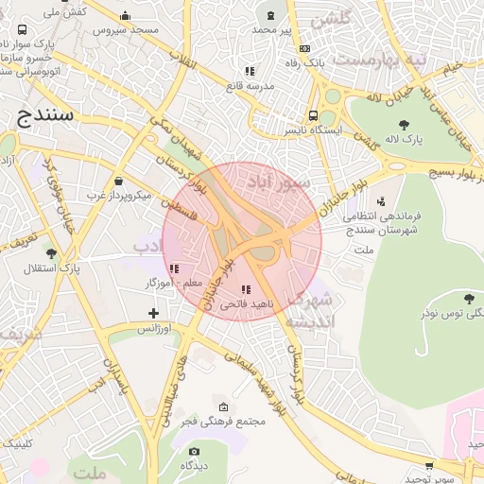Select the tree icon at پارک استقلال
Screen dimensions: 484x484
coord(50,253)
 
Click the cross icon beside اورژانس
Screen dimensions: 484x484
coord(154,313)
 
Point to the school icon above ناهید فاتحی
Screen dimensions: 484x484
coord(247,290)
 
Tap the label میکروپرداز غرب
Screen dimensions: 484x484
coord(119,195)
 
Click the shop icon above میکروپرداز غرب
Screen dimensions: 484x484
coord(118,181)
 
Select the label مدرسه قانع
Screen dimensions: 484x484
coord(250,86)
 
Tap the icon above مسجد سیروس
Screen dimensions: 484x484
coord(126,16)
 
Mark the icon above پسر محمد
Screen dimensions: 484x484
coord(272,16)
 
